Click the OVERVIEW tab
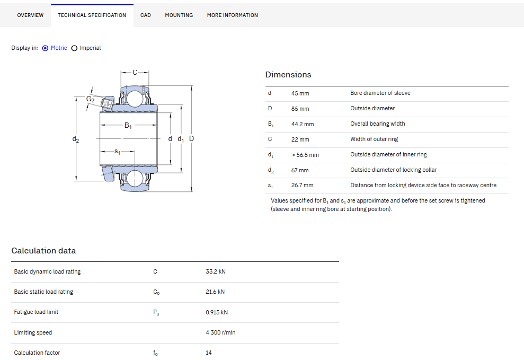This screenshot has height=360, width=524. (30, 15)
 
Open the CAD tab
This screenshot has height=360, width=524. (145, 15)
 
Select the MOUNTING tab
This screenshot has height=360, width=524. (179, 15)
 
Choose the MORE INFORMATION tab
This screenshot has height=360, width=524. (232, 15)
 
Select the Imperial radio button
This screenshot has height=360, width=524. (74, 48)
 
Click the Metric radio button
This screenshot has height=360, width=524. (45, 48)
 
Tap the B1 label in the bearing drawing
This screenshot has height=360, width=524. (128, 125)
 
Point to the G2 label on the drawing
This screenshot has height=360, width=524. (90, 99)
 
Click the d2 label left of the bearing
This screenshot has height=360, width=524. (76, 139)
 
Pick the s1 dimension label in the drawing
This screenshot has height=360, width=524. (117, 152)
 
